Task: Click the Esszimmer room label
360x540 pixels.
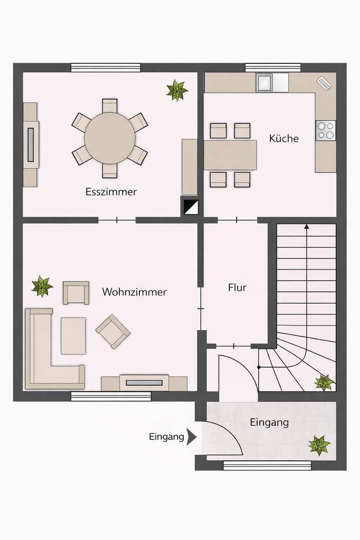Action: click(x=111, y=191)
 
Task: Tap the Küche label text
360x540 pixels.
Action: click(x=284, y=139)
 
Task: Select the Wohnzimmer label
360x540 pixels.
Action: click(x=134, y=292)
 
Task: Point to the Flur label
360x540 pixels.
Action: click(x=237, y=288)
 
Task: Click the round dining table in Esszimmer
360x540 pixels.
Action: click(x=110, y=138)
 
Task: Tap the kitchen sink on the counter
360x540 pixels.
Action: click(x=265, y=82)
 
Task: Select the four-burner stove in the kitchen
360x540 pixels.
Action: click(x=325, y=130)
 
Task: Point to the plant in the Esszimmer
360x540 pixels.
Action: click(x=177, y=90)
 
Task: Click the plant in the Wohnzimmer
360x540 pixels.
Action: click(x=42, y=286)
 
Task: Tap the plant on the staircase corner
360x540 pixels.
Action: click(x=324, y=382)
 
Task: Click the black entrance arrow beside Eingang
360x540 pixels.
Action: click(x=191, y=437)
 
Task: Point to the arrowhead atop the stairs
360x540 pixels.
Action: click(x=307, y=227)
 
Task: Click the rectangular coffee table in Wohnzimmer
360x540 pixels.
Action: click(x=73, y=335)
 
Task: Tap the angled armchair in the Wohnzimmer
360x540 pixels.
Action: click(x=113, y=332)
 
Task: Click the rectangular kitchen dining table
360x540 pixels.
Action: click(x=230, y=155)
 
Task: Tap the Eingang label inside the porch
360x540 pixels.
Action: click(x=269, y=422)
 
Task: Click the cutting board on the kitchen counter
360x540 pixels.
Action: click(x=324, y=83)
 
